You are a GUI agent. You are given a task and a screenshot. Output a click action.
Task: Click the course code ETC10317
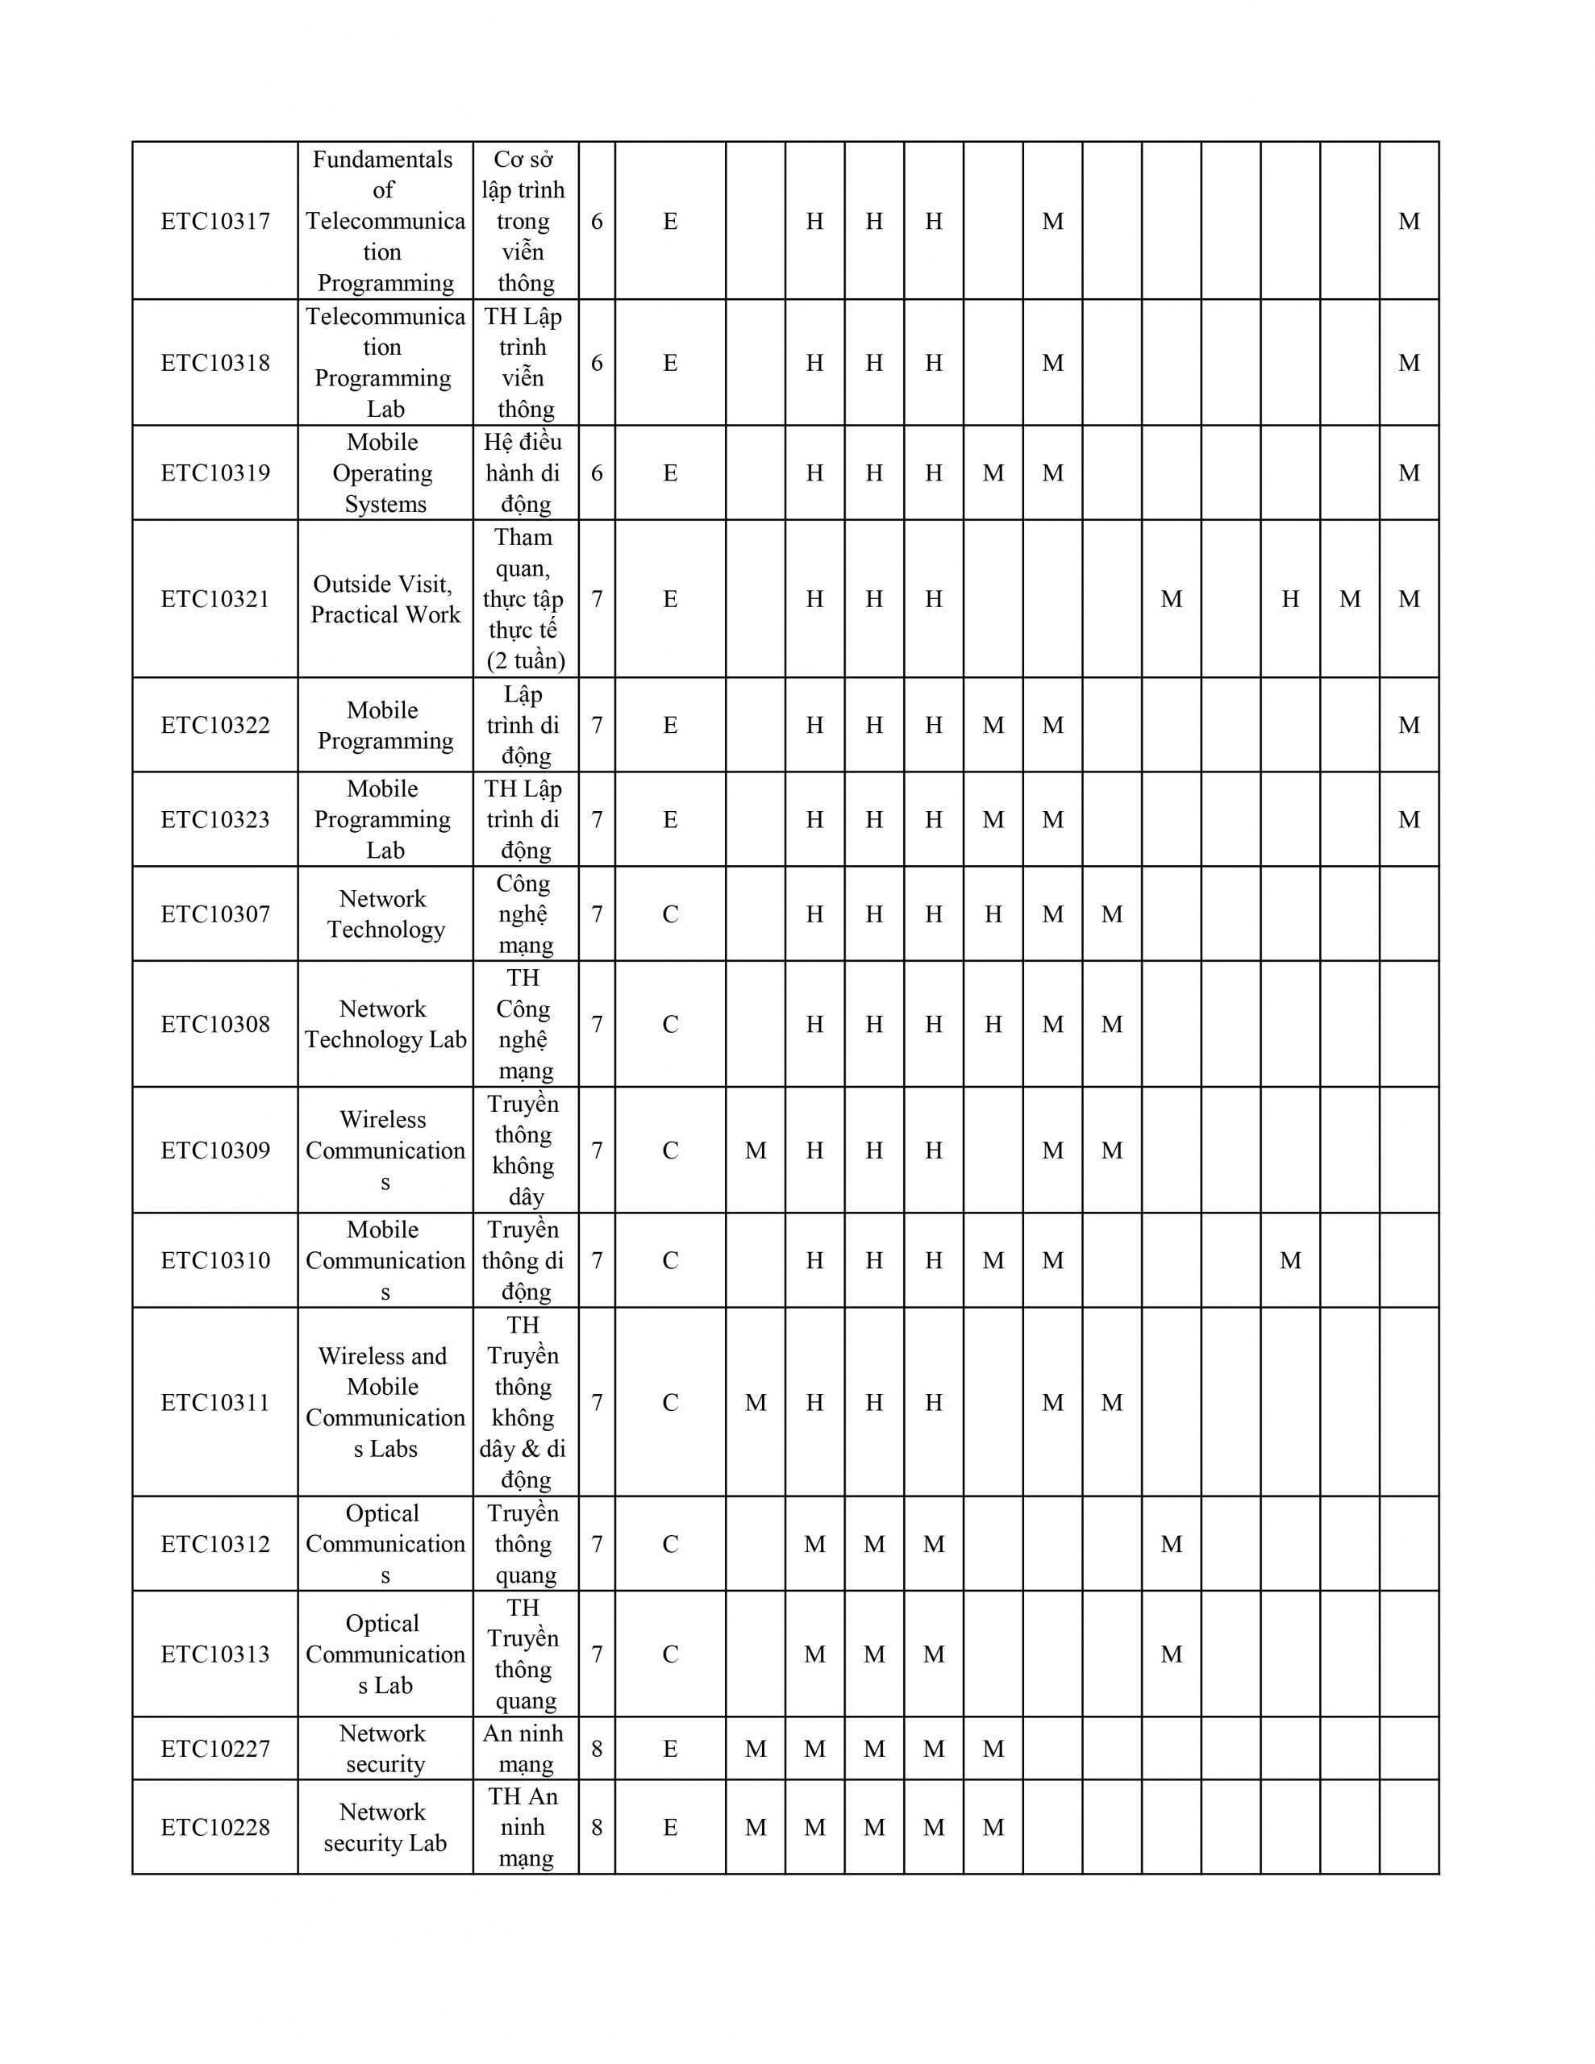tap(215, 221)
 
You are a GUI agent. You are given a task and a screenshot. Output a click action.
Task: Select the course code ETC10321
tap(215, 599)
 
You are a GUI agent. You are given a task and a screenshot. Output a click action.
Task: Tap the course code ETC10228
tap(215, 1827)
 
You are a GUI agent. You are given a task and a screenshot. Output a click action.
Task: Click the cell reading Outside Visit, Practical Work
tap(385, 599)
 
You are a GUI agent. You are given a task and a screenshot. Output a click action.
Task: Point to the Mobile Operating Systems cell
tap(385, 472)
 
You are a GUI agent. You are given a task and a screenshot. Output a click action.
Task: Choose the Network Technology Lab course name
tap(385, 1025)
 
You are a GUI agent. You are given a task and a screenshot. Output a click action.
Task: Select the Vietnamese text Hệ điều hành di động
tap(525, 472)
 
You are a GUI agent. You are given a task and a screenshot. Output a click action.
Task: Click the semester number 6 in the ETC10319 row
tap(597, 472)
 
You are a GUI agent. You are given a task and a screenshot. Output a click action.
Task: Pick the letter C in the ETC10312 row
tap(670, 1544)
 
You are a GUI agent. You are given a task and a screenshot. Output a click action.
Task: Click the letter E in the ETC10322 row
tap(670, 725)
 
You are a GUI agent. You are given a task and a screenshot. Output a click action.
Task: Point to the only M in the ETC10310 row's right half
tap(1290, 1261)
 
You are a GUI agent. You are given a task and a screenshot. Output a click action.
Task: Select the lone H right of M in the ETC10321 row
tap(1290, 599)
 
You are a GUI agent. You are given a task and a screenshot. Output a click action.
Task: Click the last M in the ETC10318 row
tap(1409, 363)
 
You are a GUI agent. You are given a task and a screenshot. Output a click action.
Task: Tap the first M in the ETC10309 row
tap(756, 1151)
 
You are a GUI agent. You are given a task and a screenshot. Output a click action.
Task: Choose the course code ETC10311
tap(215, 1402)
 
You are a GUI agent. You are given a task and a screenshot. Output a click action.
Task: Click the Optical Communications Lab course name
tap(385, 1654)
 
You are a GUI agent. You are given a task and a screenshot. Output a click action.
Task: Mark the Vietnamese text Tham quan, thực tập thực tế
tap(525, 599)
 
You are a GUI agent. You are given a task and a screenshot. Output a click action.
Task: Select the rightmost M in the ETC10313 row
tap(1172, 1654)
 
